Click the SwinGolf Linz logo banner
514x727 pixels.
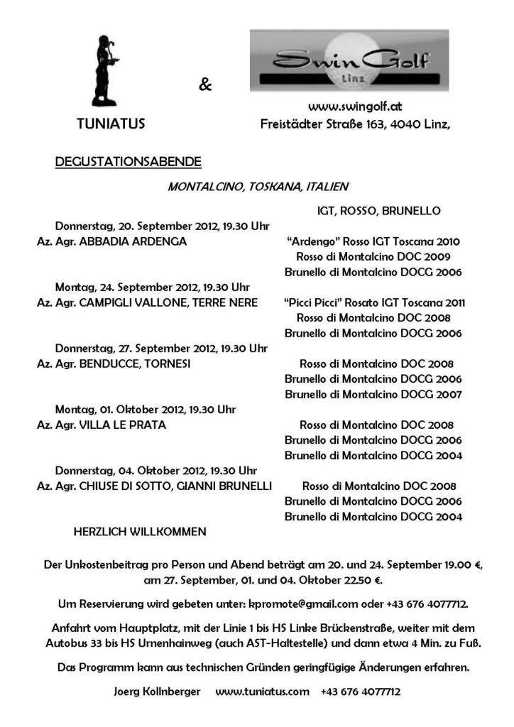(349, 60)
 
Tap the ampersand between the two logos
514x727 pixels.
(205, 86)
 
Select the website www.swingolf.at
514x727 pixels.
(355, 106)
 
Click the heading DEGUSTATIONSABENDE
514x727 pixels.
(128, 163)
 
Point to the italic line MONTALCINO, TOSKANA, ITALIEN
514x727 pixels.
(258, 187)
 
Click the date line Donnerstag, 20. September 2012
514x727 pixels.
(162, 226)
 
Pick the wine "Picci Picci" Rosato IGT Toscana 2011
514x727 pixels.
(374, 302)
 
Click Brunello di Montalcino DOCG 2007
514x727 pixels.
(373, 394)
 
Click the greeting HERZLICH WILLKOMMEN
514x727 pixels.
(140, 531)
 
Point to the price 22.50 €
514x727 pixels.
(364, 581)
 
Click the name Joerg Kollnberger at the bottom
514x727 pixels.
(157, 691)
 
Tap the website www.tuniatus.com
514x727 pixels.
(262, 691)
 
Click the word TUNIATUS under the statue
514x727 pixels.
(111, 124)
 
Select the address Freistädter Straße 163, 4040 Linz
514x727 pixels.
(355, 124)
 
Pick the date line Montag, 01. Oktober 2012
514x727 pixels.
(146, 410)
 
